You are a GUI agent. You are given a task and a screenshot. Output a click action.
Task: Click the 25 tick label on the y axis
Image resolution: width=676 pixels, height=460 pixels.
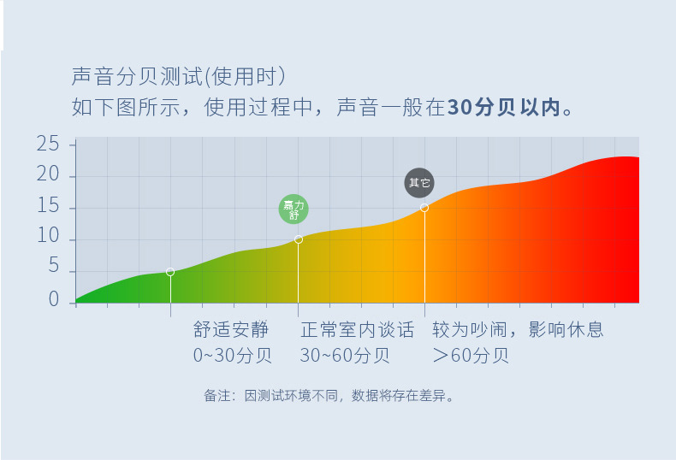(48, 144)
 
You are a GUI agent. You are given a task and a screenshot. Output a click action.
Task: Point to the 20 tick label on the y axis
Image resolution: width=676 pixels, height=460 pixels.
(48, 175)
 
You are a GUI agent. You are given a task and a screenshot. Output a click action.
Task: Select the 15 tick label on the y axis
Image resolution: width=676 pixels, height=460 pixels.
(48, 207)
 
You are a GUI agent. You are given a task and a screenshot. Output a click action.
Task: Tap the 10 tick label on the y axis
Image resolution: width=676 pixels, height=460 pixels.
(48, 238)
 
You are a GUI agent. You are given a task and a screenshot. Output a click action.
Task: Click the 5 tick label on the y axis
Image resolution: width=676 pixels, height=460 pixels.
(53, 268)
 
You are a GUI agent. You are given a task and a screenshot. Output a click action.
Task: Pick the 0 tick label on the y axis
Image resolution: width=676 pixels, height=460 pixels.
(53, 299)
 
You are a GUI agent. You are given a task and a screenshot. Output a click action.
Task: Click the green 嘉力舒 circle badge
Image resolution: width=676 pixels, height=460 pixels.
(294, 208)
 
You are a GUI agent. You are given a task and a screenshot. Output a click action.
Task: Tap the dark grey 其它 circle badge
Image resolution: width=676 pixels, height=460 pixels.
(419, 182)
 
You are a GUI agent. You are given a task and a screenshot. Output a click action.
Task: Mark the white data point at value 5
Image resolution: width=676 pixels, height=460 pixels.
(170, 272)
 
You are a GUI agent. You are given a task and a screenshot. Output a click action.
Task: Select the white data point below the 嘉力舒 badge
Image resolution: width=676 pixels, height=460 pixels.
(299, 239)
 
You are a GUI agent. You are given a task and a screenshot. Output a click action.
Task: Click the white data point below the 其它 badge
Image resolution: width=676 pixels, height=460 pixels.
(424, 208)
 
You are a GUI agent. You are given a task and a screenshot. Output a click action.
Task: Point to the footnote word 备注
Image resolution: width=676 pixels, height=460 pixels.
(216, 396)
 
